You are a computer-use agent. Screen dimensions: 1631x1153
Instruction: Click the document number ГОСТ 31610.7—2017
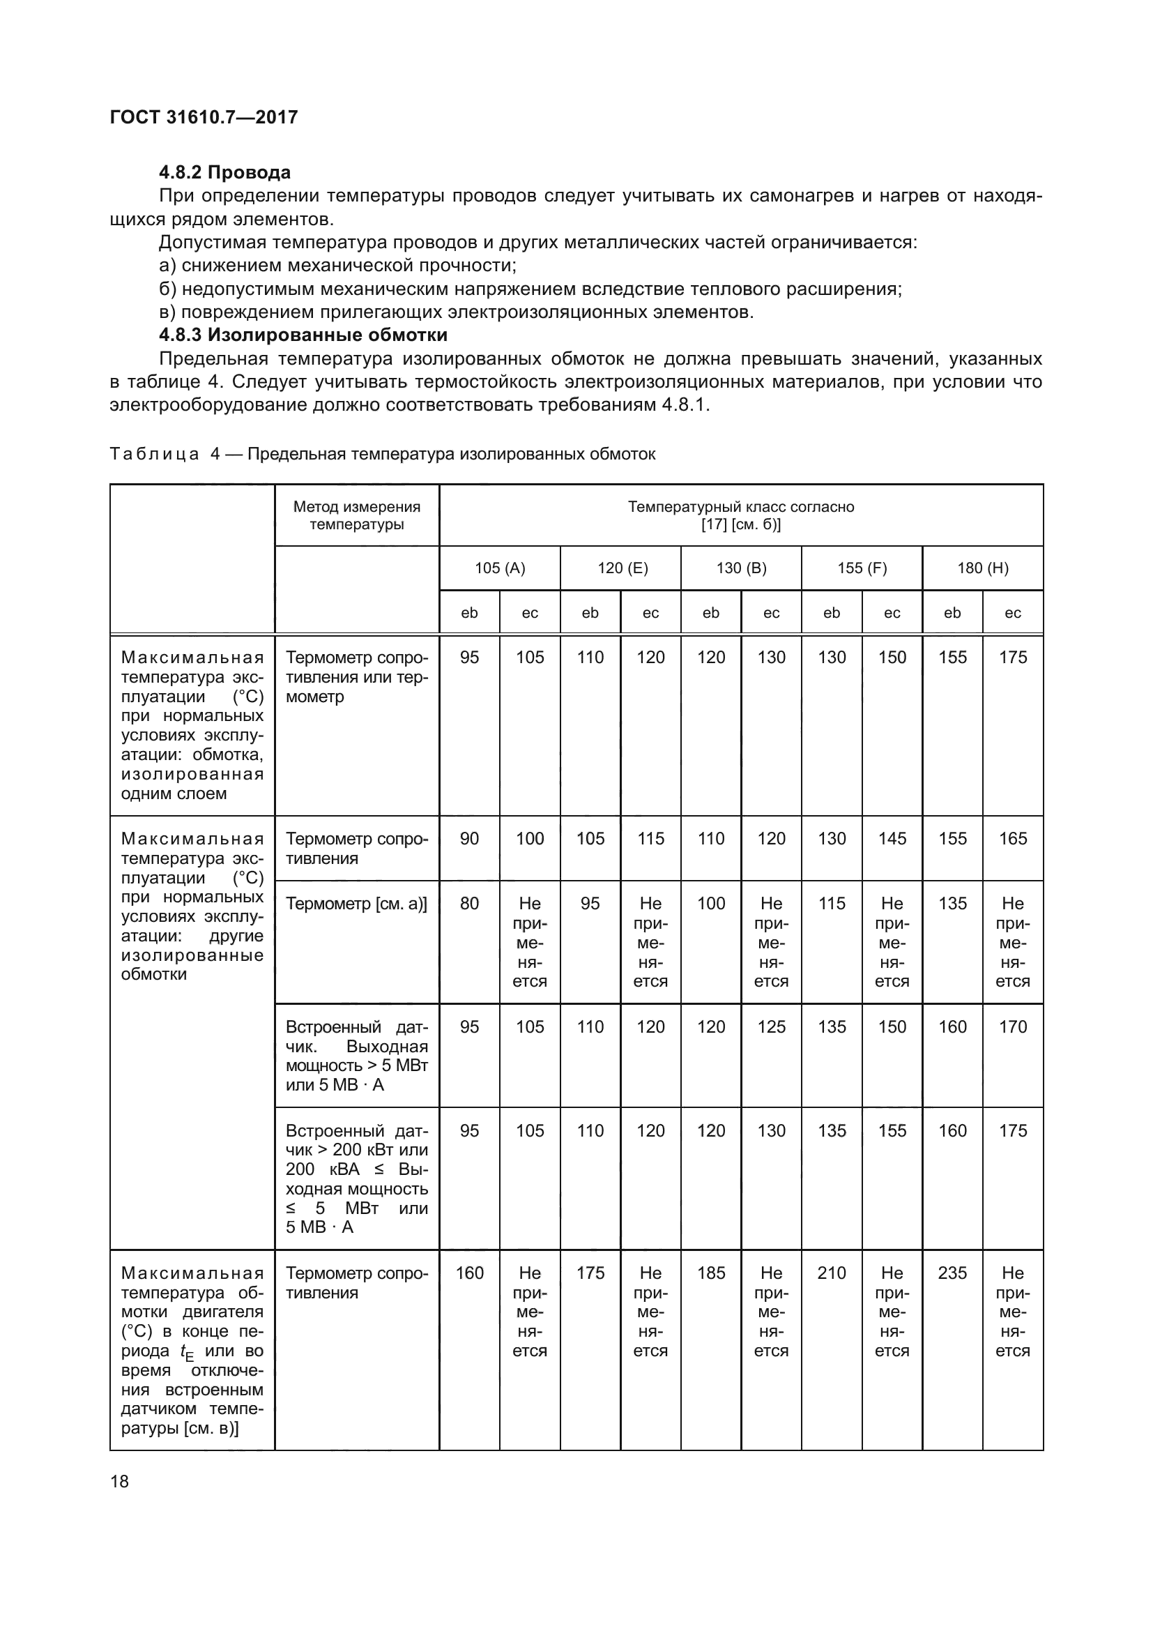click(204, 117)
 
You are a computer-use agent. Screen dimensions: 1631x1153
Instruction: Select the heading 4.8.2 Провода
click(224, 173)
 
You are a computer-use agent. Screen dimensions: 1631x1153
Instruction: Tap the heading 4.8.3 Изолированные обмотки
click(303, 335)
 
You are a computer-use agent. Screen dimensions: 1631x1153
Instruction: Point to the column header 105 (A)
click(499, 568)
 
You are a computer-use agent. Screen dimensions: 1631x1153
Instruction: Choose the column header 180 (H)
click(982, 568)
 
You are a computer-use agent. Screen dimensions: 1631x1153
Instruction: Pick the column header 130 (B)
click(740, 568)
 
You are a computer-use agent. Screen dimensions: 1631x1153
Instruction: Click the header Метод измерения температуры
click(356, 515)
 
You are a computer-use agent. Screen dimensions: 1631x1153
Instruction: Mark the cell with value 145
click(892, 838)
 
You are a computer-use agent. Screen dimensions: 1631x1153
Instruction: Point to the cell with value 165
click(1012, 838)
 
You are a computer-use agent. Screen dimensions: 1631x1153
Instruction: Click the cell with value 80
click(469, 904)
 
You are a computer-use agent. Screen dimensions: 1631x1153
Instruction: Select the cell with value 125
click(771, 1026)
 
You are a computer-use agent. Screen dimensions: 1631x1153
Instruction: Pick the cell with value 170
click(1012, 1026)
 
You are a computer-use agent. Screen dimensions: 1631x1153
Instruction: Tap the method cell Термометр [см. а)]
click(356, 904)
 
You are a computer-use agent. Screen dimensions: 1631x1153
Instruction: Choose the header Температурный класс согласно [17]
click(740, 515)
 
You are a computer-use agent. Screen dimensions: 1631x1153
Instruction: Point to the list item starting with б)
click(530, 289)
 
